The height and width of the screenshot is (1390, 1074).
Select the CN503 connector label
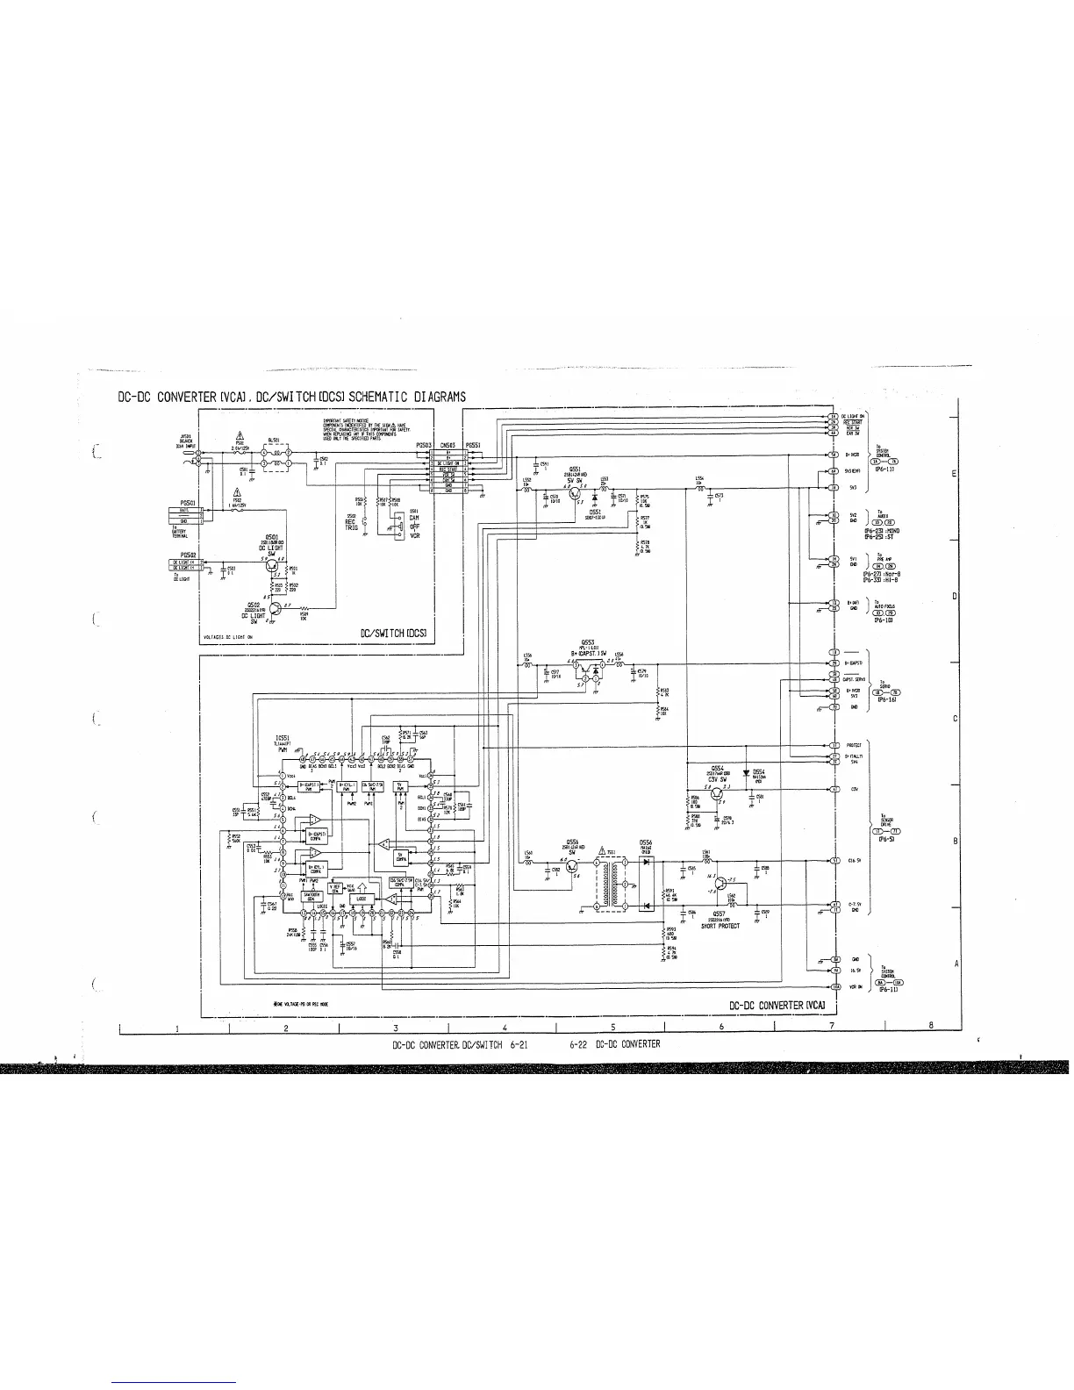(449, 445)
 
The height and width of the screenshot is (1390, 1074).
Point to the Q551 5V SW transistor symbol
(576, 495)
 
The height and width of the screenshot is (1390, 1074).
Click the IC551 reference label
(283, 738)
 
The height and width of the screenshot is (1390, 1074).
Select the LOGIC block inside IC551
(362, 899)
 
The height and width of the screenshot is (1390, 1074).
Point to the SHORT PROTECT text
(718, 925)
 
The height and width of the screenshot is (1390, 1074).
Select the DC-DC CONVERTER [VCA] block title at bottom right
(776, 1004)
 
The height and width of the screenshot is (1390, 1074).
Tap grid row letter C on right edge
(954, 720)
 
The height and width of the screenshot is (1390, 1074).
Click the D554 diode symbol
(746, 772)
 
